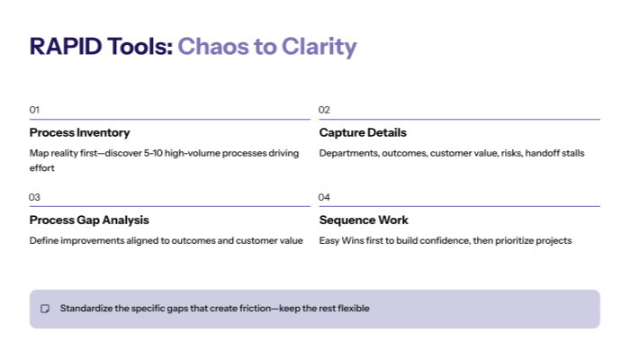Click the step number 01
[x=34, y=110]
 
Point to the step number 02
[x=325, y=110]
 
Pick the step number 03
[x=34, y=197]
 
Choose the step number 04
[x=325, y=197]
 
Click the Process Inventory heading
[x=79, y=132]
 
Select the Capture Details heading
[x=363, y=132]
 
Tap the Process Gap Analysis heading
[x=89, y=220]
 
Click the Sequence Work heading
[x=364, y=220]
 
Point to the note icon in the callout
[x=45, y=309]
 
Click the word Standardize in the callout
[x=86, y=309]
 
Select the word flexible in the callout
[x=351, y=309]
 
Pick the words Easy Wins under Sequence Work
[x=342, y=240]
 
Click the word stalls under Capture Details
[x=572, y=153]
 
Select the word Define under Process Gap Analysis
[x=43, y=240]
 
